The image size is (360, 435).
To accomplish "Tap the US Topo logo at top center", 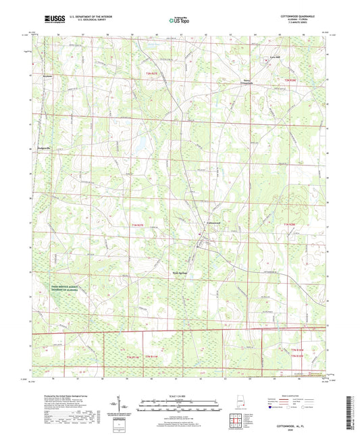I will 179,20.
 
